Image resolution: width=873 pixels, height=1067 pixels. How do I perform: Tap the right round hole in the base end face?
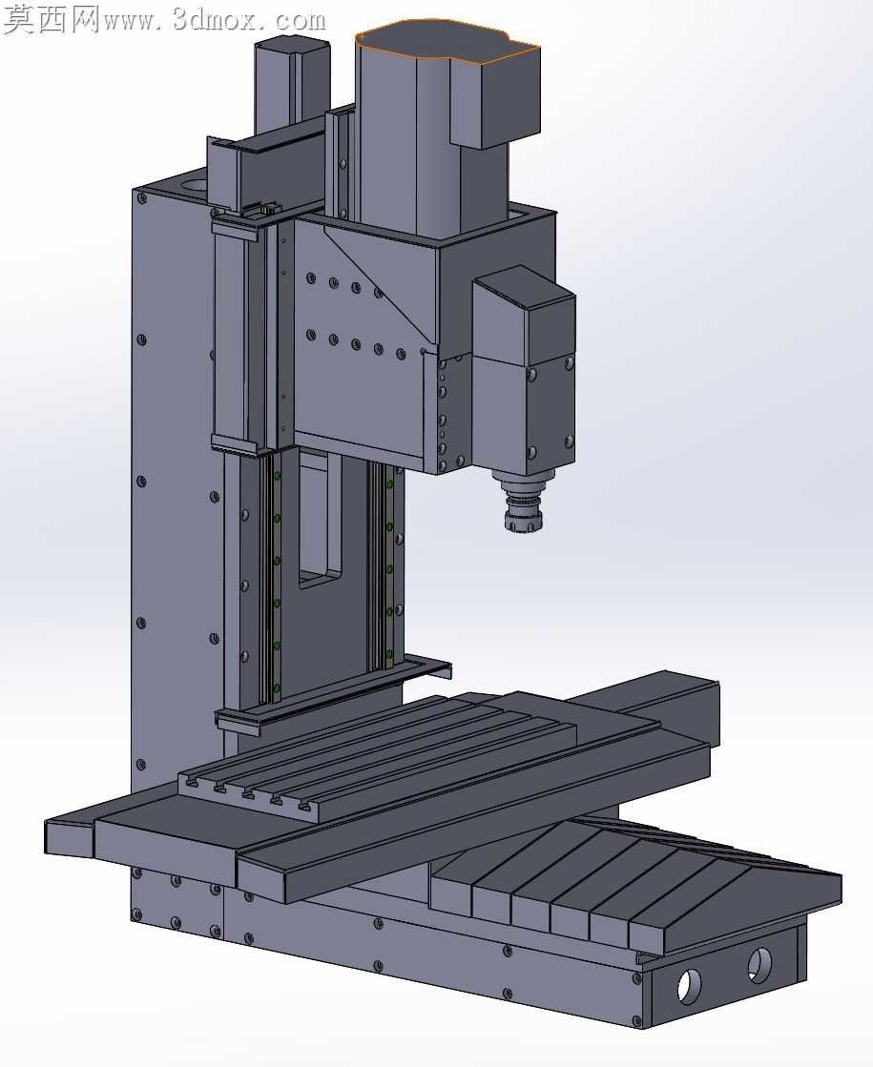759,964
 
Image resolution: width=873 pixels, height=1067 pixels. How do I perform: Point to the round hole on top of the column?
194,184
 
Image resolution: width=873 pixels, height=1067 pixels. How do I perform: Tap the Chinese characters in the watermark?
52,19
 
